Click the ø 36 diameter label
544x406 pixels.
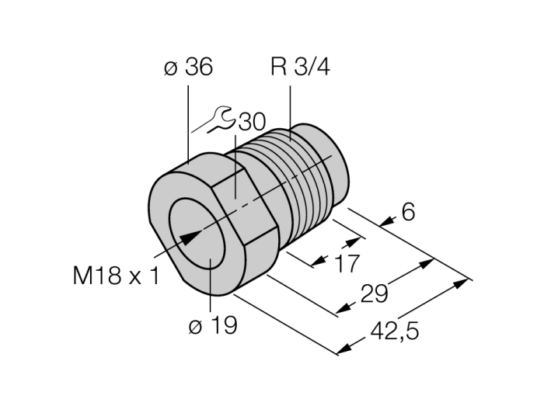(x=188, y=68)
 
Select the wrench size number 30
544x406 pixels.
(x=251, y=122)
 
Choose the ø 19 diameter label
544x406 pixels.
(x=211, y=326)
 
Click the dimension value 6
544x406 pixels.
(x=408, y=211)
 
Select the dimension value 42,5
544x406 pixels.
(x=395, y=333)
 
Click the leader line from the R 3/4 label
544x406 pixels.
(x=290, y=109)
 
